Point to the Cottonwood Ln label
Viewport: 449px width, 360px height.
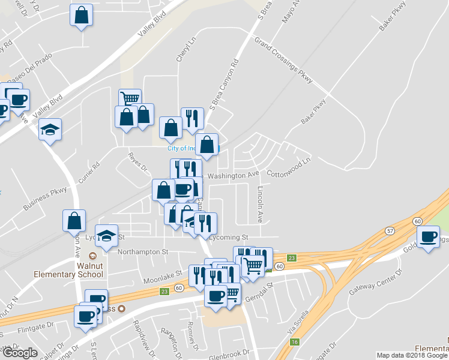(289, 168)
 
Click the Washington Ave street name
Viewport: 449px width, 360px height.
(234, 175)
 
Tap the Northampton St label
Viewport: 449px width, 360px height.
(142, 252)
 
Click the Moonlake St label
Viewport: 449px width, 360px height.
(162, 280)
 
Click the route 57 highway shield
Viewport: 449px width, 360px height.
(390, 231)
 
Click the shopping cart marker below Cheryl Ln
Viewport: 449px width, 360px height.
(130, 100)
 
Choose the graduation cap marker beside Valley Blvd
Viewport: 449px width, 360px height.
(50, 129)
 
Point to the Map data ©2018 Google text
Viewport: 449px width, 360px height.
(411, 355)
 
